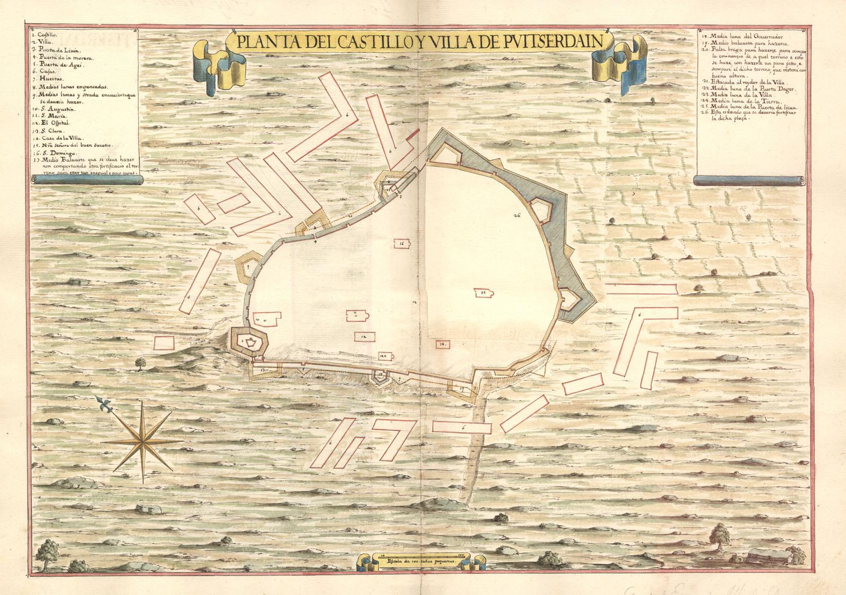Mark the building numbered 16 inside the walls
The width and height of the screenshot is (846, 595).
pos(402,244)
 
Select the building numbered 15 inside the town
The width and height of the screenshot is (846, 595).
pos(484,293)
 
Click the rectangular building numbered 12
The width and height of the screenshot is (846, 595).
pos(363,337)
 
